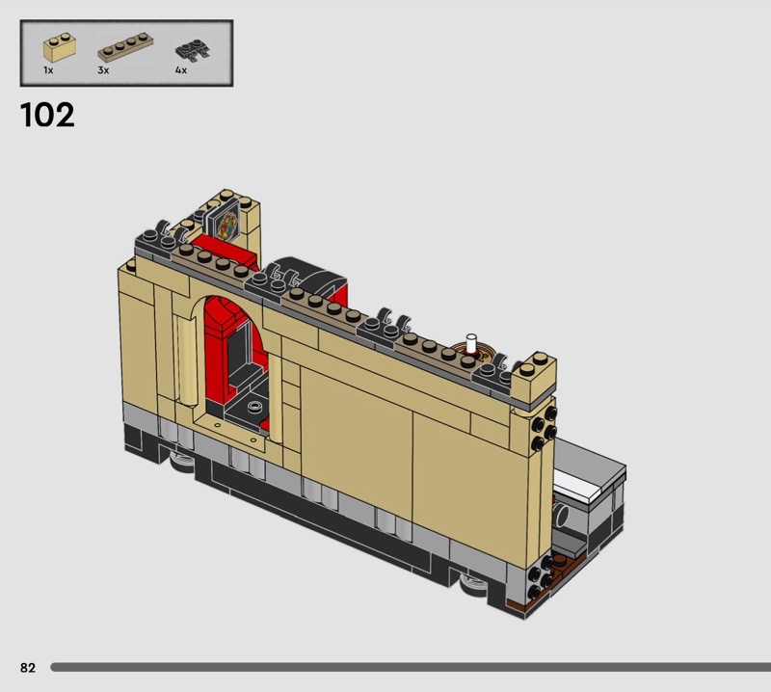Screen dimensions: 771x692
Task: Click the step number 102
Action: [47, 115]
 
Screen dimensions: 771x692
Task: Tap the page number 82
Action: [28, 667]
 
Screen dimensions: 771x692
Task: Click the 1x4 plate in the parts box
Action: [125, 46]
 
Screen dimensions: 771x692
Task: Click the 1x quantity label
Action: [48, 70]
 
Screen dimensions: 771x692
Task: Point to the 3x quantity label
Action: [103, 70]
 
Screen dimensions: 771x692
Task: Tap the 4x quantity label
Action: [181, 70]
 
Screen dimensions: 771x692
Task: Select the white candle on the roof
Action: [471, 343]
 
